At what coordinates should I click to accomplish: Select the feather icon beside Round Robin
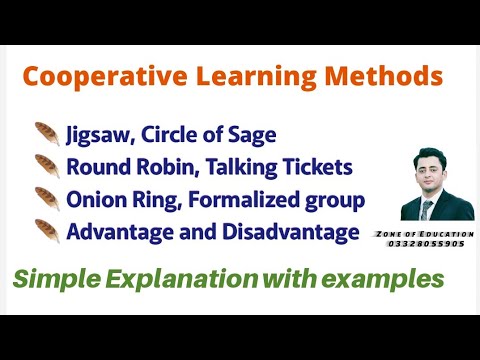[x=46, y=165]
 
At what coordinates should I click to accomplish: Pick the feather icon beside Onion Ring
[x=46, y=198]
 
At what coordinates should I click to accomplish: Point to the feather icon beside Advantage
[x=46, y=232]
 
